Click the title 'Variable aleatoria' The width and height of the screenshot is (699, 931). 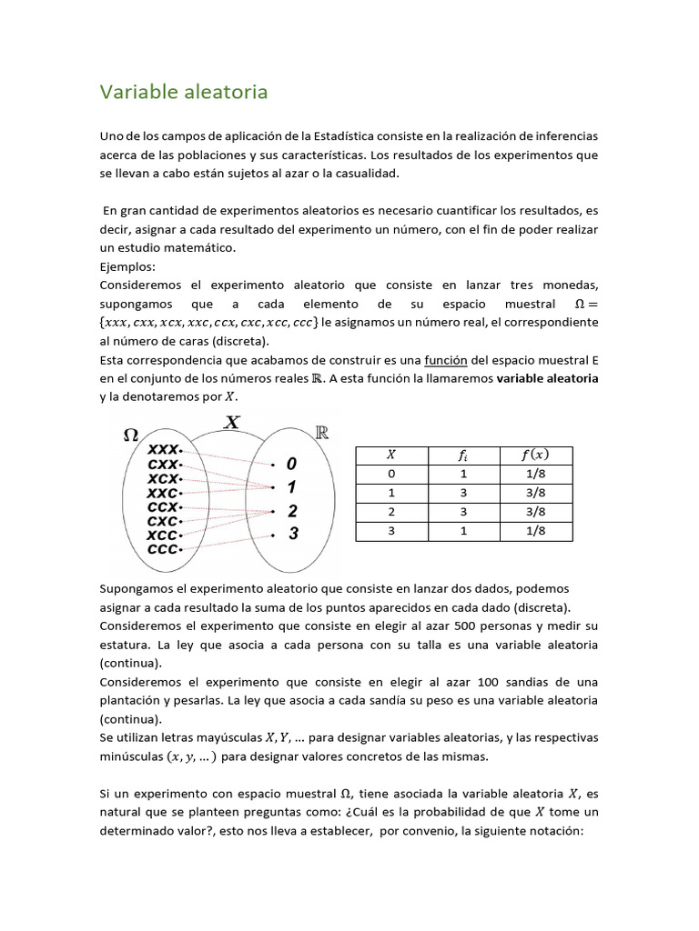[x=183, y=93]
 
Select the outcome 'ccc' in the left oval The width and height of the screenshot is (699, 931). [x=162, y=549]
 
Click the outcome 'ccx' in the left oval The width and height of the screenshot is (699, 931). [x=162, y=506]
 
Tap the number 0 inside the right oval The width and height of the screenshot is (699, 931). [x=291, y=464]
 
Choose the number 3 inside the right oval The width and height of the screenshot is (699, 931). [x=292, y=535]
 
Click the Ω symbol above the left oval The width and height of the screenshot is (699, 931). [x=130, y=435]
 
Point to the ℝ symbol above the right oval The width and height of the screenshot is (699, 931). [x=321, y=433]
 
